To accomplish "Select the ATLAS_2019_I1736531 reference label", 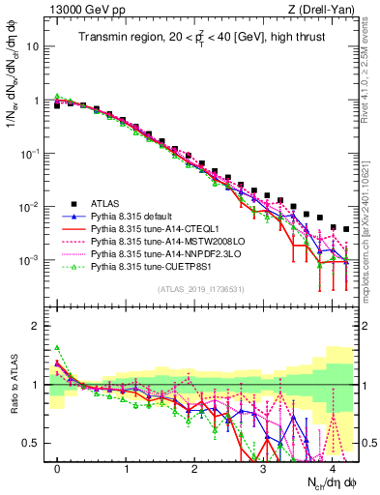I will pyautogui.click(x=200, y=290).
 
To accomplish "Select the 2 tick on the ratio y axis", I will pyautogui.click(x=36, y=326).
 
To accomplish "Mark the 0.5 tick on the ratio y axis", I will pyautogui.click(x=32, y=444).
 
